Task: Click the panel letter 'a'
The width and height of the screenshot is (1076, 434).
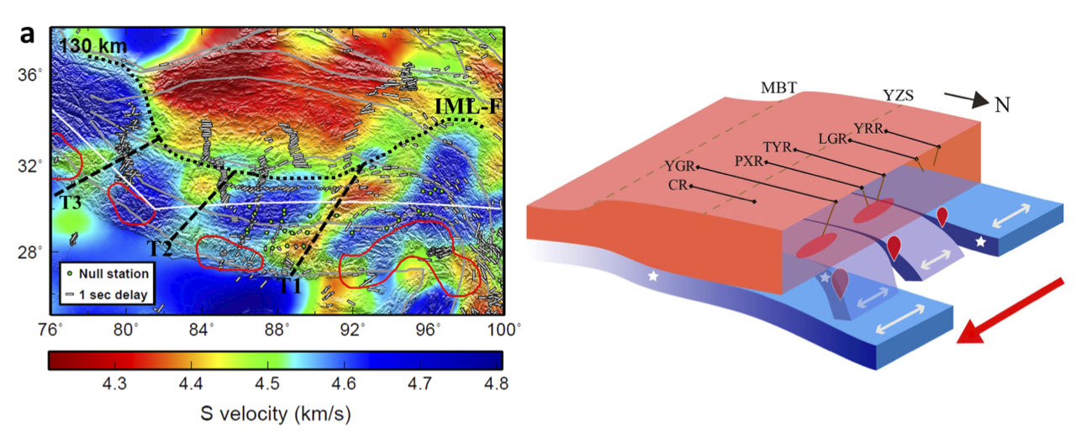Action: (28, 34)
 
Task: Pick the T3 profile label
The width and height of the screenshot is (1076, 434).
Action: (71, 203)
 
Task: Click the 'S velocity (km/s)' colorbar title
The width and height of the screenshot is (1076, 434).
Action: (274, 414)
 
